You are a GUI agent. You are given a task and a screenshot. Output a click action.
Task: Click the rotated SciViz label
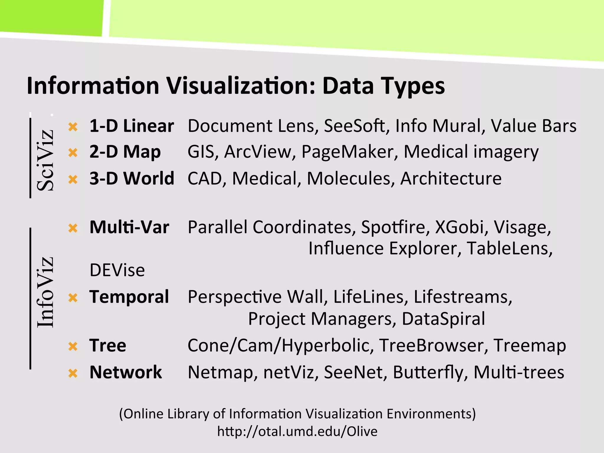click(45, 160)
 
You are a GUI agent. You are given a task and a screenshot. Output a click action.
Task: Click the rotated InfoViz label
click(45, 292)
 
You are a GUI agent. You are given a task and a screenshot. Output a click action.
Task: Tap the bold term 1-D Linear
click(132, 126)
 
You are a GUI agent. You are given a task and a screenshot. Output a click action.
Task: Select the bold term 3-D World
click(132, 178)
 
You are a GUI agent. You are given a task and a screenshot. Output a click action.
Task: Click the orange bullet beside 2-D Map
click(73, 152)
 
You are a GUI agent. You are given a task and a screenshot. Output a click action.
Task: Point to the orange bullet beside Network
click(73, 373)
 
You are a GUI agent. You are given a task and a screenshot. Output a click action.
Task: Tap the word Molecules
click(349, 178)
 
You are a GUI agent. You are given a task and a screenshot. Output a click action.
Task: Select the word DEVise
click(117, 270)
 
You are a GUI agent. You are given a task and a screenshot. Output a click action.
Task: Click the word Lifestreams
click(461, 297)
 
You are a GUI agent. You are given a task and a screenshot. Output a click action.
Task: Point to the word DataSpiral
click(443, 319)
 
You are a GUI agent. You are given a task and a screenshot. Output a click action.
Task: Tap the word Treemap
click(529, 345)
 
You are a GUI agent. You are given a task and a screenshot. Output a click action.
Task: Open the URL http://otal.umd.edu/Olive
click(297, 431)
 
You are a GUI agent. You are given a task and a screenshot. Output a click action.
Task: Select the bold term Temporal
click(129, 297)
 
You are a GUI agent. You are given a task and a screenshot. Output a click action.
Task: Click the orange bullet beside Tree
click(73, 346)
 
